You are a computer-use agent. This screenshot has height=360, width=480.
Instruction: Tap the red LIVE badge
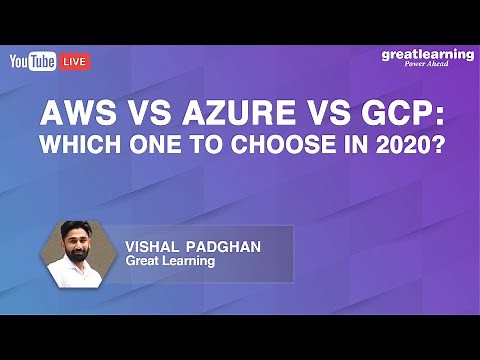[76, 62]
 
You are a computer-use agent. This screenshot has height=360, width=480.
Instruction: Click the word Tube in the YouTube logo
[43, 62]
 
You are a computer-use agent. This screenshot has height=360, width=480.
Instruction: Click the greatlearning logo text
[427, 54]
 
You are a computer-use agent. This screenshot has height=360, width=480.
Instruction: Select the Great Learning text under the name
[170, 261]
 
